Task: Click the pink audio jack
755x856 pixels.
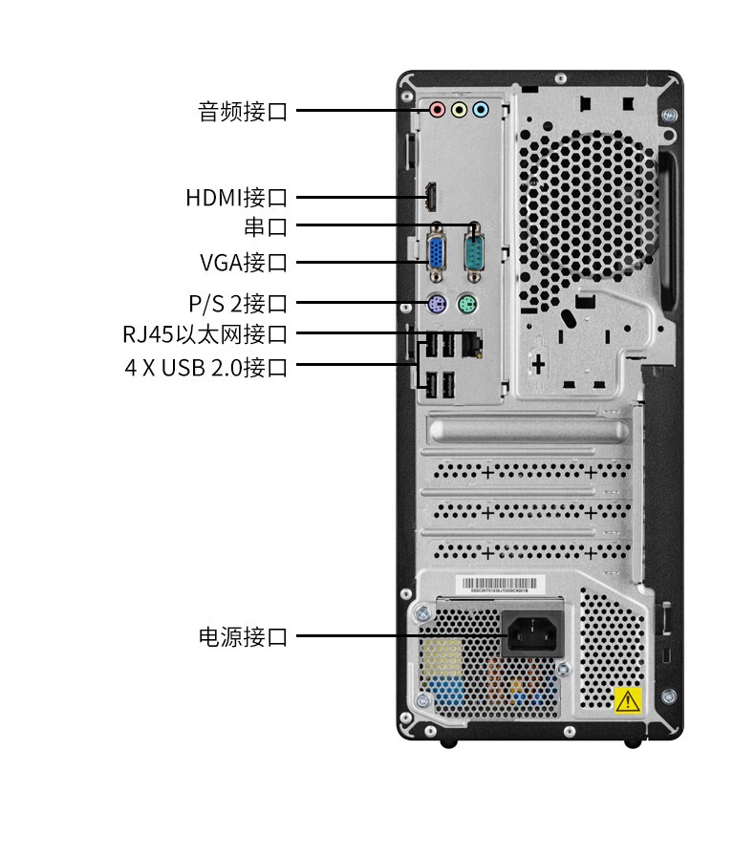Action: click(437, 110)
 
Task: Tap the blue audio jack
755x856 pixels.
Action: click(481, 110)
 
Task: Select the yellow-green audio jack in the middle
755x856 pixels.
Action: click(459, 110)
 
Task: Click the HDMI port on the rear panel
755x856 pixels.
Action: click(431, 197)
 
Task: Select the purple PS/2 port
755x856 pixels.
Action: click(435, 306)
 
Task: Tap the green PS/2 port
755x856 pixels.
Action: click(467, 306)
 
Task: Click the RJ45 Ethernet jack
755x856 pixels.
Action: click(472, 342)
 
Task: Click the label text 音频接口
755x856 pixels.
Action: click(243, 111)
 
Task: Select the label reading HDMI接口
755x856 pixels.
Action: click(236, 198)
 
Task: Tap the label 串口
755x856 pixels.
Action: click(266, 227)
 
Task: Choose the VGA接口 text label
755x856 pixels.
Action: click(243, 262)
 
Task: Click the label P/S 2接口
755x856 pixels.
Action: click(238, 304)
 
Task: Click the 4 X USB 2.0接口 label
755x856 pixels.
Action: click(205, 367)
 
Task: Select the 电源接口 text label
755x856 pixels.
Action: click(243, 636)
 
